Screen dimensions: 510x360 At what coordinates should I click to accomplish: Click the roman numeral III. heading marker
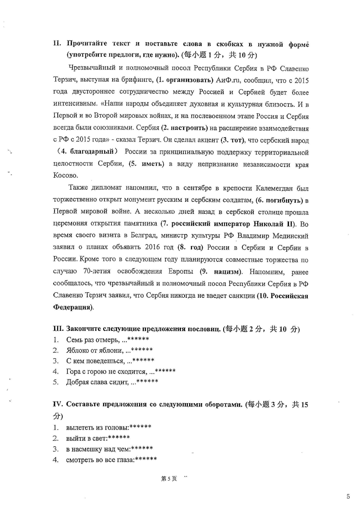click(59, 329)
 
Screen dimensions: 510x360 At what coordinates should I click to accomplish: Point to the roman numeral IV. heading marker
click(60, 405)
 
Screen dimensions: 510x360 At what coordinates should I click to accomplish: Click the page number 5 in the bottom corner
click(348, 496)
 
